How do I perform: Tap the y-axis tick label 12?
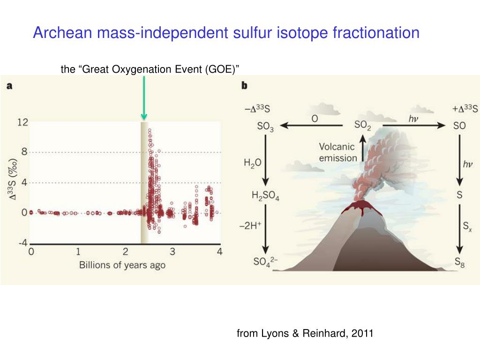coord(22,122)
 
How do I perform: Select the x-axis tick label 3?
coord(172,252)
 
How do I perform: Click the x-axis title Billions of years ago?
coord(122,265)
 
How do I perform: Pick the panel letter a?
coord(9,86)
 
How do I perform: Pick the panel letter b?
coord(244,86)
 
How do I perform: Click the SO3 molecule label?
coord(265,126)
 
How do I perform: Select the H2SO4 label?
coord(265,196)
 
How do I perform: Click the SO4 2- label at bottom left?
coord(265,261)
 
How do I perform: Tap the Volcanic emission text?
coord(337,152)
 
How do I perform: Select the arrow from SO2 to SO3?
coord(312,126)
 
